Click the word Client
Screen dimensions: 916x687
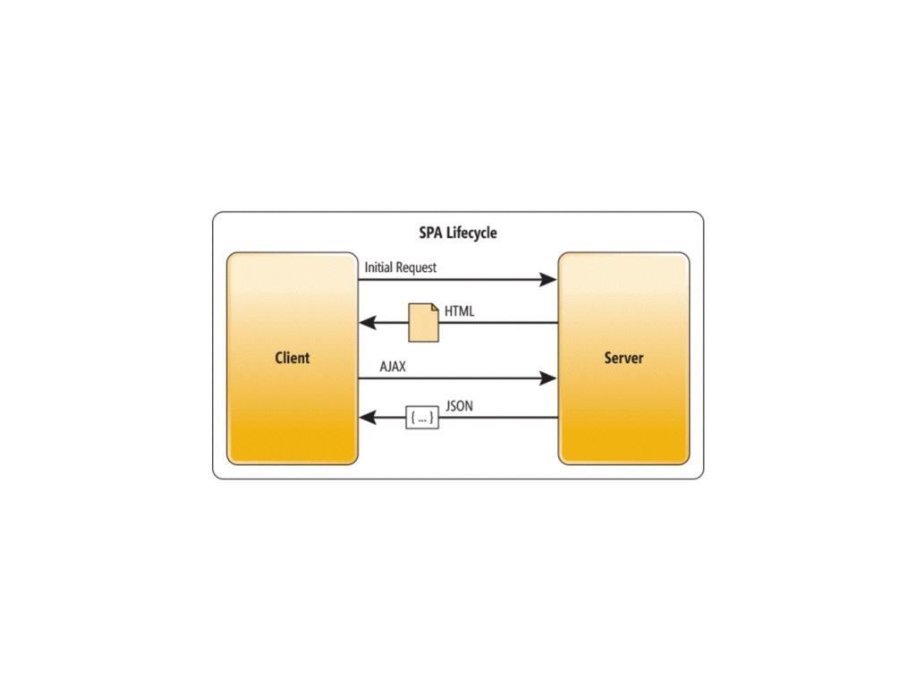[292, 358]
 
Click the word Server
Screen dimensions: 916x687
[623, 358]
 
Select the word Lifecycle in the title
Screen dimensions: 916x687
[473, 233]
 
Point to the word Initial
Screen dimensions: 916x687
[380, 267]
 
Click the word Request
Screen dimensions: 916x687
[417, 267]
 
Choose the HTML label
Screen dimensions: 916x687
[460, 311]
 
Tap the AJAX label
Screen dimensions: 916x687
[393, 367]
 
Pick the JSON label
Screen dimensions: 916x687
[459, 406]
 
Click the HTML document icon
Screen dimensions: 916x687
[424, 322]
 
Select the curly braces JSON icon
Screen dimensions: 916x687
[422, 418]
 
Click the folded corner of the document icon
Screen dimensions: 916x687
[435, 308]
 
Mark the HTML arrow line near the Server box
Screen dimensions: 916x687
[528, 323]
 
